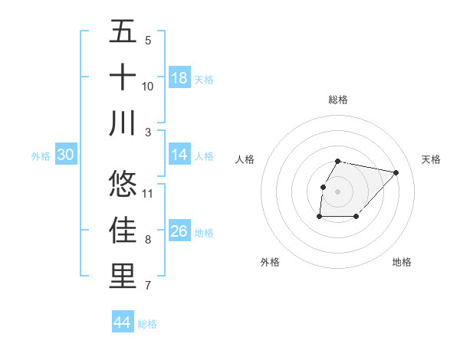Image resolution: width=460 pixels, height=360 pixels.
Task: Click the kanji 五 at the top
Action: click(123, 31)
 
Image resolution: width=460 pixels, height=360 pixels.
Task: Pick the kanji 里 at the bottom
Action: click(123, 276)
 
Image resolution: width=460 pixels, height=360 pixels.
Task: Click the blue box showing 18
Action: click(179, 78)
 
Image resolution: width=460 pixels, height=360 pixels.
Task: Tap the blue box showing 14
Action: click(179, 155)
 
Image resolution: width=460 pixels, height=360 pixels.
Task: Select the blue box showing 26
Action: click(179, 231)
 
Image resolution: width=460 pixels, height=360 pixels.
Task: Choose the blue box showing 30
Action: click(65, 155)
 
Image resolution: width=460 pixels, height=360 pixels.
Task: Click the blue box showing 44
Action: click(122, 322)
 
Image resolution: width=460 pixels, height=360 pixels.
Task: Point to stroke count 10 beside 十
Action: click(148, 87)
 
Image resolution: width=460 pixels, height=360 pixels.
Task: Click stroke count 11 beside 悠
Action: click(148, 193)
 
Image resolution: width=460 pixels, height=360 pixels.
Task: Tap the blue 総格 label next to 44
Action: click(147, 324)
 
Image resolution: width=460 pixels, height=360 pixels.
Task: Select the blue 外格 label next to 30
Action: click(41, 156)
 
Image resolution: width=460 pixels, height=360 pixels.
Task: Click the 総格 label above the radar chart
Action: click(338, 100)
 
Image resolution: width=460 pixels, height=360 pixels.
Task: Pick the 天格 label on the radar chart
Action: click(432, 159)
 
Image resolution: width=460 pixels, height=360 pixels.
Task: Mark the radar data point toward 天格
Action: click(396, 172)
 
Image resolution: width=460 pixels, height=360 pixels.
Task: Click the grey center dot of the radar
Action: click(338, 191)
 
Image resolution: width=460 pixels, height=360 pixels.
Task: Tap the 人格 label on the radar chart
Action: click(245, 159)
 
